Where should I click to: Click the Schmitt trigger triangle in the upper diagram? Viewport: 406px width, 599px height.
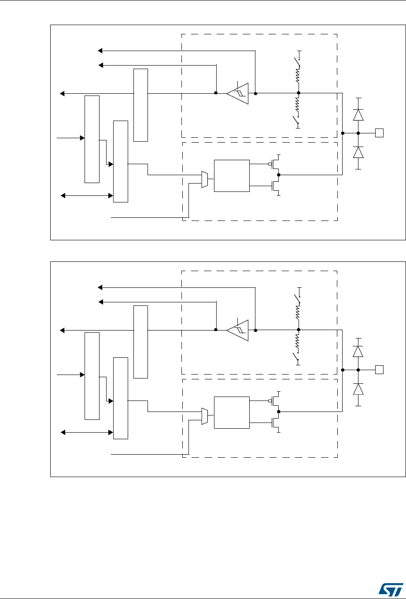pos(238,93)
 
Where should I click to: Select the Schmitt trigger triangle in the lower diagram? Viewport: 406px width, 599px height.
pos(238,330)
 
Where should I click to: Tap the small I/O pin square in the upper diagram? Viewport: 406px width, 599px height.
pos(378,133)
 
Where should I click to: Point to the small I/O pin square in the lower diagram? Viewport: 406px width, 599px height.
pos(378,370)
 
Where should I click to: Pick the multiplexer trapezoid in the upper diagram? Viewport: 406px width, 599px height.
pos(204,180)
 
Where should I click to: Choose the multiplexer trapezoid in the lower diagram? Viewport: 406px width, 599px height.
pos(204,416)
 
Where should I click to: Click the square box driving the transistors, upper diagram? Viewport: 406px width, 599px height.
pos(231,176)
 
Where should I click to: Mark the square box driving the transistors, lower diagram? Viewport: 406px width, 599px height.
pos(231,412)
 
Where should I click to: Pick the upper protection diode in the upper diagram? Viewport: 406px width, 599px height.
pos(358,115)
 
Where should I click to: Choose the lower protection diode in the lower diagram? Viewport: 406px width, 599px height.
pos(358,389)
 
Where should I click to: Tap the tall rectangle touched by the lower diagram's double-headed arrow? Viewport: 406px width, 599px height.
pos(121,398)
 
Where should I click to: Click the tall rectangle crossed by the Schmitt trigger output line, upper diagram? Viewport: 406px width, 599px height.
pos(140,105)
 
